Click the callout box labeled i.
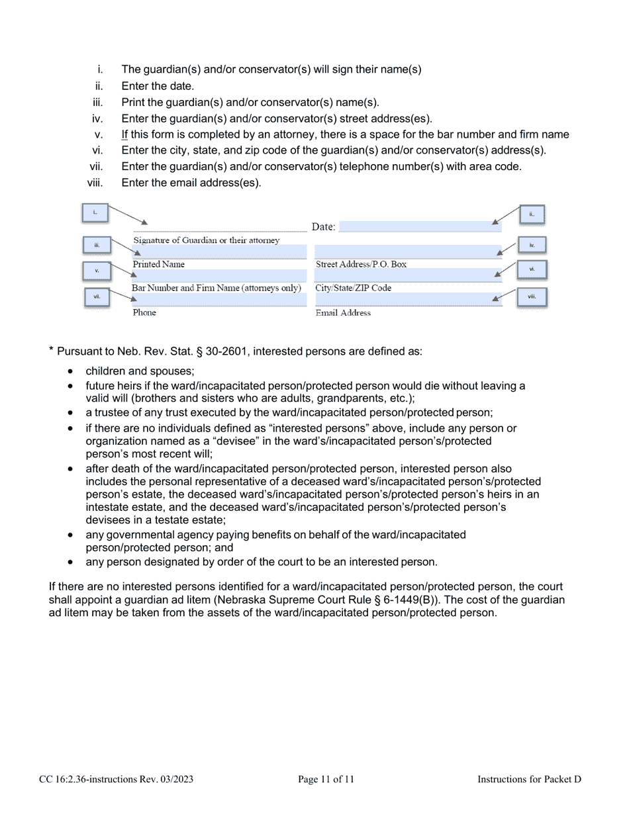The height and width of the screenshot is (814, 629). tap(95, 212)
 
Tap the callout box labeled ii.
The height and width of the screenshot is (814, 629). tap(532, 214)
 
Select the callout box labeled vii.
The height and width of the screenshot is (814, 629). tap(97, 296)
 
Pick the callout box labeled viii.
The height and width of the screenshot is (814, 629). tap(532, 297)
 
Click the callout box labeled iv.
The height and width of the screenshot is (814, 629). tap(532, 245)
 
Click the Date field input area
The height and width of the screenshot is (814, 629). tap(419, 226)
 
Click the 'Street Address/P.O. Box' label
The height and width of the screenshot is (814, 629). tap(361, 264)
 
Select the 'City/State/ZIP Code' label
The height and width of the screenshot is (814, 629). tap(354, 289)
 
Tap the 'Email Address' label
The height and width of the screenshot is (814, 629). tap(343, 313)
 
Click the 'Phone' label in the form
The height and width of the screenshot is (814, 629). tap(144, 312)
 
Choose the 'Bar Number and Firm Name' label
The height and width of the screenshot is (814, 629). tap(217, 288)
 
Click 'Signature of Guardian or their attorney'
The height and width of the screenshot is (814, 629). tap(207, 240)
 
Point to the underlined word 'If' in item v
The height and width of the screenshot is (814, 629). tap(124, 134)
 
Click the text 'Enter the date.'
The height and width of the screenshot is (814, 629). tap(158, 86)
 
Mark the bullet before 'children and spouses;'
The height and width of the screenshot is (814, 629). tap(71, 372)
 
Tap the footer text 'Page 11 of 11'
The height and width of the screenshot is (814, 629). tap(326, 780)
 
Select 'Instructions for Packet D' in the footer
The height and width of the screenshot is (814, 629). tap(529, 780)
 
